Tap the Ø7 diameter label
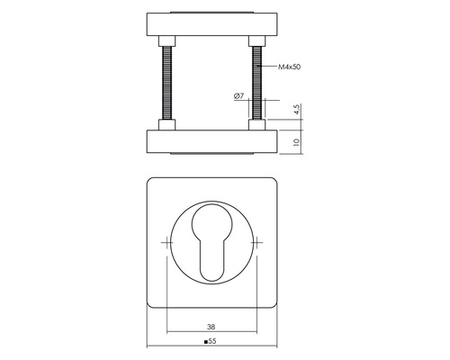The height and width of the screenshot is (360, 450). pos(238,96)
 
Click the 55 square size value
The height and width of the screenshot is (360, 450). pos(213,342)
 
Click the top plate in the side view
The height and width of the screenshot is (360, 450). pos(211,23)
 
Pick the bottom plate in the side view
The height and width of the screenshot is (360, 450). pos(211,141)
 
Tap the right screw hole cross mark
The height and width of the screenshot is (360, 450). pos(256,242)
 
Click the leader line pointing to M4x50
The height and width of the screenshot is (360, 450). pos(268,67)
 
